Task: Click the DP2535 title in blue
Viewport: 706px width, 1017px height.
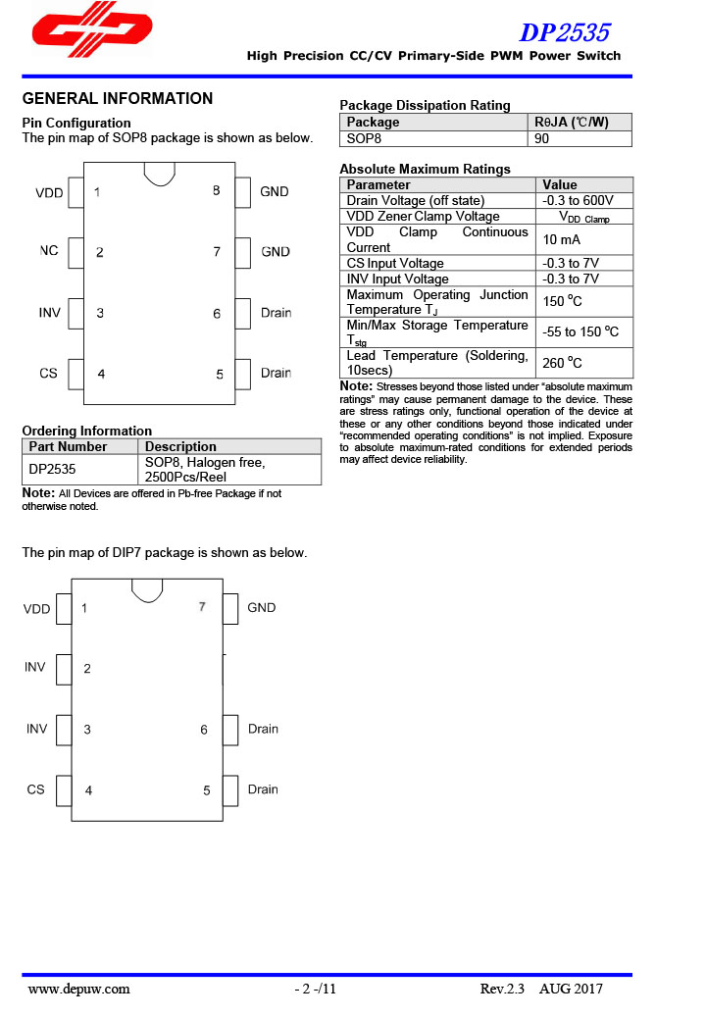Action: (x=564, y=32)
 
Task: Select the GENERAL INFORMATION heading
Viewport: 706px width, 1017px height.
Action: (x=117, y=98)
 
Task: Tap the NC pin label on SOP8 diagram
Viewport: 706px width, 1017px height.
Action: (x=49, y=251)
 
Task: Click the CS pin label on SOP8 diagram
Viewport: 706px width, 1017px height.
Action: (x=48, y=374)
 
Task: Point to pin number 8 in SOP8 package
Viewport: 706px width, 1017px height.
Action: (x=216, y=191)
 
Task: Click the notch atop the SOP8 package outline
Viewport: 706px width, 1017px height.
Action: (x=160, y=173)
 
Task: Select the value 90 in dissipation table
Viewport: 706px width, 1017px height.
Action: (x=542, y=138)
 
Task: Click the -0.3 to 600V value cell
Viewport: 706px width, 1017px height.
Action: (x=578, y=200)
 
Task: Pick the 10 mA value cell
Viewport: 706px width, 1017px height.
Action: (x=562, y=239)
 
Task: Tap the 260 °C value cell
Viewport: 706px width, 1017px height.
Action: (x=562, y=363)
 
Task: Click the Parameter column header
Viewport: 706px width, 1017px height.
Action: (x=378, y=184)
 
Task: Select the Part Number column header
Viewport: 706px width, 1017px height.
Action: (x=68, y=446)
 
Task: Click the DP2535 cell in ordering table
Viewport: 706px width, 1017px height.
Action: (x=52, y=469)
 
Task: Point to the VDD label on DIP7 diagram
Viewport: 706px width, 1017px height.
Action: (x=36, y=609)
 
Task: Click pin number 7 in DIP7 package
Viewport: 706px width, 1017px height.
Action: (x=202, y=607)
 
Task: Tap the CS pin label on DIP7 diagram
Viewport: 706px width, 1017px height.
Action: (x=35, y=789)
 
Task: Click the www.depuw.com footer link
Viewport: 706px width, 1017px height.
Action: (x=78, y=989)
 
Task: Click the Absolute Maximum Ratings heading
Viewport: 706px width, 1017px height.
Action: (x=425, y=169)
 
